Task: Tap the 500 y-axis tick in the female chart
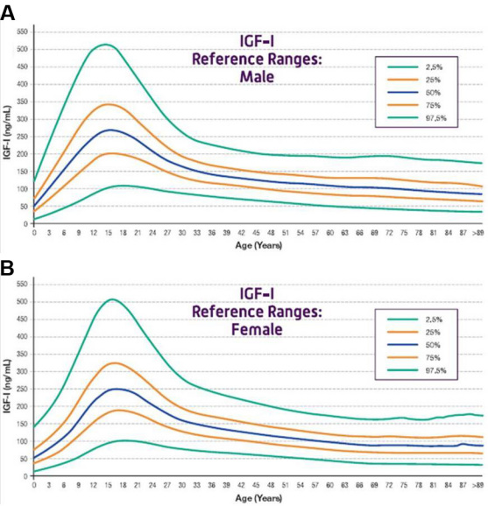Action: (23, 301)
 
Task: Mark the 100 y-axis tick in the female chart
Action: (23, 441)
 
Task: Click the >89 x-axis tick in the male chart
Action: (477, 233)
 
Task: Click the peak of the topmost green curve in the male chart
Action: (105, 45)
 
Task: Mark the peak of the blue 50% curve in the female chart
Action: (115, 389)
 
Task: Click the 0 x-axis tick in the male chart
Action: (34, 233)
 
